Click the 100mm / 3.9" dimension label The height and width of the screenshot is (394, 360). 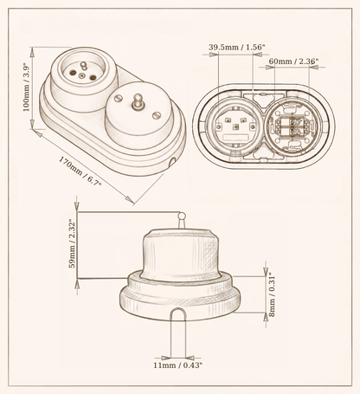click(27, 87)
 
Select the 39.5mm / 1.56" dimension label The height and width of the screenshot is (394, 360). click(236, 47)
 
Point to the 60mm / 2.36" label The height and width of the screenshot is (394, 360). click(293, 61)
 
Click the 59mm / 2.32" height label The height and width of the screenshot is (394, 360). click(72, 244)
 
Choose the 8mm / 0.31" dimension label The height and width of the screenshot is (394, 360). click(272, 296)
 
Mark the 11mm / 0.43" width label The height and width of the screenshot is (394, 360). click(177, 365)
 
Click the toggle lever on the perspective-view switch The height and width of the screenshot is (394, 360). click(136, 101)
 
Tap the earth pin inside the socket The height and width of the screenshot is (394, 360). click(83, 66)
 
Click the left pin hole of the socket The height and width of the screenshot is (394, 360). click(73, 72)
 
